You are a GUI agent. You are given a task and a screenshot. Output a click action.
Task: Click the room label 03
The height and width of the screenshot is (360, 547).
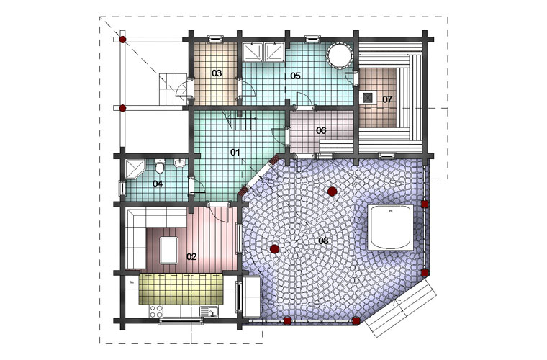[x=217, y=73]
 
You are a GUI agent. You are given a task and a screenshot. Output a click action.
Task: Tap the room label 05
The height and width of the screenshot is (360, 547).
[x=295, y=76]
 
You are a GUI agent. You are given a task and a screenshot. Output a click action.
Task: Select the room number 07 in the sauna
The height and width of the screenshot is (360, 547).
[x=387, y=99]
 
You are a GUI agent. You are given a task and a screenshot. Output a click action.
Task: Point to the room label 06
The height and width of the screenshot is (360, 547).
[x=321, y=130]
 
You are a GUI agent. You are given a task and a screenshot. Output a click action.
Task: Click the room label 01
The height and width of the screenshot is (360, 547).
[x=235, y=152]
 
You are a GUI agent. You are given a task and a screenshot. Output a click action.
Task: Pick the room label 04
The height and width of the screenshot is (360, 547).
[x=158, y=184]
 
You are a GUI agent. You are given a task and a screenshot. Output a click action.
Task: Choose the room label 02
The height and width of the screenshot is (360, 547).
[x=191, y=257]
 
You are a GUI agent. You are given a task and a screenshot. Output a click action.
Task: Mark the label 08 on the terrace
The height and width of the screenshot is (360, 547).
[x=323, y=240]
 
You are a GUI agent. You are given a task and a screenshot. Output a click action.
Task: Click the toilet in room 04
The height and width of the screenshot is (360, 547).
[x=160, y=166]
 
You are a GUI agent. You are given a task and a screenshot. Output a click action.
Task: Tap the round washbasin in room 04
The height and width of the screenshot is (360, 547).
[x=180, y=163]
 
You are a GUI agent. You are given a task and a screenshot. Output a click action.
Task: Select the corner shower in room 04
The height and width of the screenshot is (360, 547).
[x=135, y=169]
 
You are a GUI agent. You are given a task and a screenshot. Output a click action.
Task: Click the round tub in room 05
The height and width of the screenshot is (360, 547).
[x=338, y=55]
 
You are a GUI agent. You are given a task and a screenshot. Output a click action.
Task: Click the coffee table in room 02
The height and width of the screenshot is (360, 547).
[x=169, y=250]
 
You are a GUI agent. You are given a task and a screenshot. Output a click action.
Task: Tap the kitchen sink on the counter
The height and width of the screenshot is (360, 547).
[x=209, y=311]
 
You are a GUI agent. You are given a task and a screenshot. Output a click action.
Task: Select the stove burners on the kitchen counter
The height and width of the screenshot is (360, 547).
[x=155, y=311]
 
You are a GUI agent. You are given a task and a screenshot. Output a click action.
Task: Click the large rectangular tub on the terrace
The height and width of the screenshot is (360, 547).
[x=390, y=228]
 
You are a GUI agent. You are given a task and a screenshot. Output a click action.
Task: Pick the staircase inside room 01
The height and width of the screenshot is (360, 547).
[x=243, y=120]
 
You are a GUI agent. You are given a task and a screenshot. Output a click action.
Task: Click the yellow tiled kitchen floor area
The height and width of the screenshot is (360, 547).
[x=181, y=289]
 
